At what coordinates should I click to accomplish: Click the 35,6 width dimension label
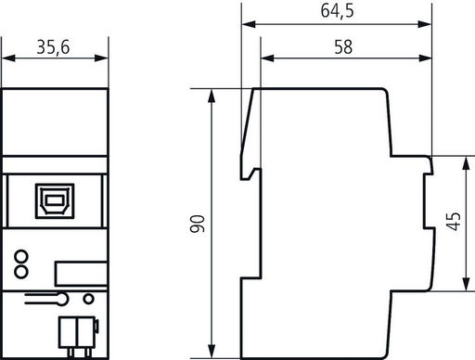(53, 47)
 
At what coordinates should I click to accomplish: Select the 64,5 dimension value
(337, 11)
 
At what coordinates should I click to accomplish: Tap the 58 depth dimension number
(343, 47)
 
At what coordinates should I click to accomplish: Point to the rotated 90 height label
(198, 224)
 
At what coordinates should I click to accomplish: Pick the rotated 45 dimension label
(454, 221)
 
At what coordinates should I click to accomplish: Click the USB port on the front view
(55, 201)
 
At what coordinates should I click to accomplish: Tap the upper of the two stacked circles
(21, 257)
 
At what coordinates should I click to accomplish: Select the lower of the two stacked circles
(21, 272)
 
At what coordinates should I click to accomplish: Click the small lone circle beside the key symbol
(89, 299)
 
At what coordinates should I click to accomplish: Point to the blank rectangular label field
(81, 274)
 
